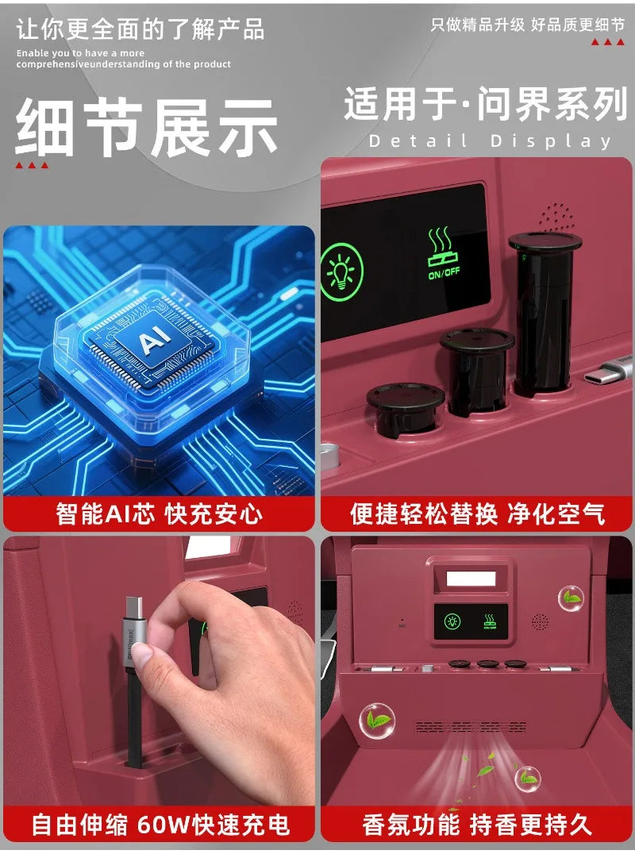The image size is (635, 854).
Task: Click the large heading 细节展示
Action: click(x=146, y=127)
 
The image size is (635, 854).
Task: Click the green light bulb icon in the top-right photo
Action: click(x=342, y=271)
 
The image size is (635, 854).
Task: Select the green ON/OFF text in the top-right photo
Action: click(x=444, y=272)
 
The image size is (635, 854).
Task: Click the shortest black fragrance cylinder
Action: click(x=405, y=409)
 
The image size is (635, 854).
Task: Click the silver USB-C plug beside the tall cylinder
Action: click(x=610, y=369)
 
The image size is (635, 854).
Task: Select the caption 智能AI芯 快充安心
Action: click(x=159, y=514)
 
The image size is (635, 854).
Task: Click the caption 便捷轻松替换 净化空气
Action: click(x=477, y=514)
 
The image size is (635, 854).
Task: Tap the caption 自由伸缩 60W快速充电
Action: click(x=160, y=824)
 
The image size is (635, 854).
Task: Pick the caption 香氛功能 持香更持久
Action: click(x=477, y=824)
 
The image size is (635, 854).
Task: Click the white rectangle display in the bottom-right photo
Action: click(x=471, y=579)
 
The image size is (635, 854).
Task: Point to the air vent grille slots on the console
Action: click(x=471, y=727)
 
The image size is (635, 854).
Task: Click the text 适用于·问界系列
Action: click(x=485, y=104)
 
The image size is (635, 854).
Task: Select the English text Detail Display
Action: click(x=490, y=141)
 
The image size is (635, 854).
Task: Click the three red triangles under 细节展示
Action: click(x=32, y=165)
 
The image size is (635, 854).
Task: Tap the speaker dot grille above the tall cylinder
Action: click(x=556, y=217)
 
